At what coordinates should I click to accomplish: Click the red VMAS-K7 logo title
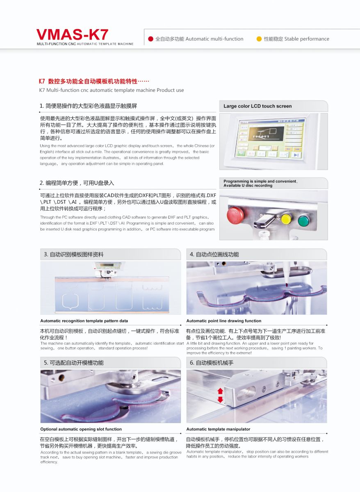pos(72,35)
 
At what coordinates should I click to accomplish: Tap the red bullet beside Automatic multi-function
pos(150,39)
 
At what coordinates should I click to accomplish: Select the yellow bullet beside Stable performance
pos(259,39)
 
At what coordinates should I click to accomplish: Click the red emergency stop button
pos(235,216)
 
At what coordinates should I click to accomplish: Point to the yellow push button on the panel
pos(286,219)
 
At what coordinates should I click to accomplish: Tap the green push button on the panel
pos(303,221)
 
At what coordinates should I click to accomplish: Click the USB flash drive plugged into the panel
pos(264,221)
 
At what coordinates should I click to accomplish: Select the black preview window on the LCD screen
pos(267,133)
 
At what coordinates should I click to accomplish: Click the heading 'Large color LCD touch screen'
pos(257,106)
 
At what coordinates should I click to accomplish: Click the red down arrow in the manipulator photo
pos(220,399)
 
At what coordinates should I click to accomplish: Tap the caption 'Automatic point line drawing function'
pos(223,321)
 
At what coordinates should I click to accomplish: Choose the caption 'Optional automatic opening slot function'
pos(81,429)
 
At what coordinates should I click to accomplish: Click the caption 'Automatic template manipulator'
pos(218,429)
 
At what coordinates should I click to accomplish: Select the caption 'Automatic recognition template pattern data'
pos(84,321)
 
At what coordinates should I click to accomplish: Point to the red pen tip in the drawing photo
pos(287,285)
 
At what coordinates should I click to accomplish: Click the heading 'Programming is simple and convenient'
pos(260,181)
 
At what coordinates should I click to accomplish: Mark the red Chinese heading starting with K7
pos(94,82)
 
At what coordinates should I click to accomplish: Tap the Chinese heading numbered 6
pos(212,363)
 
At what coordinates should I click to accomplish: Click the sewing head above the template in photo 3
pos(107,270)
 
